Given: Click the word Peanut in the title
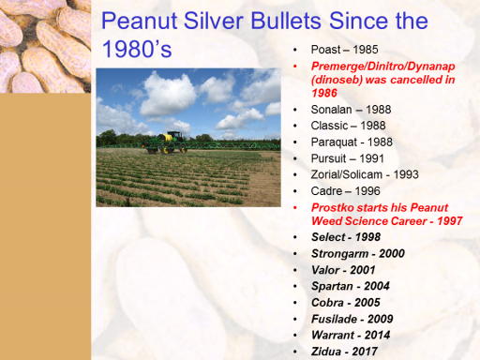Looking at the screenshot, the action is tap(140, 22).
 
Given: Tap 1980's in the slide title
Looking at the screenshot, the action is tap(137, 49).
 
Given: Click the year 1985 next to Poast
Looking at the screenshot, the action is tap(366, 50).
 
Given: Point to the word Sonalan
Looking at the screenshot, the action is tap(331, 110).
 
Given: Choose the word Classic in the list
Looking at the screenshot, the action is tap(329, 126).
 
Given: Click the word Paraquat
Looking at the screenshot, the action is tap(334, 142).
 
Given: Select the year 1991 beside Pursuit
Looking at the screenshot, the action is tap(371, 158).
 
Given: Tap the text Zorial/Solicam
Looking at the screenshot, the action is tap(347, 174).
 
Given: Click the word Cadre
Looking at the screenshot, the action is tap(326, 191).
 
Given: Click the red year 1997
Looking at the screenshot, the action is tap(450, 221).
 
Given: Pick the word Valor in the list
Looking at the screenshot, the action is tap(325, 270).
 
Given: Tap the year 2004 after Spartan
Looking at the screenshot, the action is tap(377, 286).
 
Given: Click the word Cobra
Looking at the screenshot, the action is tap(327, 303).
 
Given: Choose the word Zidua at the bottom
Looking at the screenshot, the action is tap(326, 352).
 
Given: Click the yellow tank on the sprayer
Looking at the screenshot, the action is tap(167, 137).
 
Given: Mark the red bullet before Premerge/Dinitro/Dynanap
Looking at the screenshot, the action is tap(295, 67).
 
